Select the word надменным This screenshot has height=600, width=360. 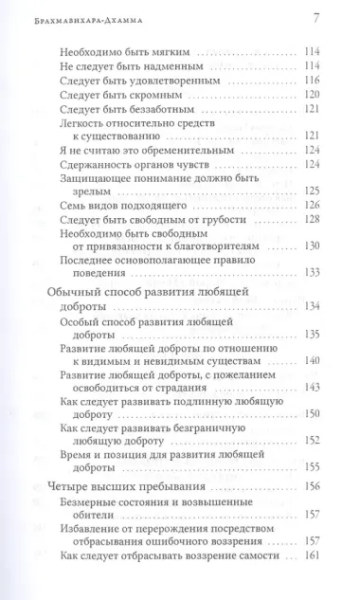click(x=169, y=65)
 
